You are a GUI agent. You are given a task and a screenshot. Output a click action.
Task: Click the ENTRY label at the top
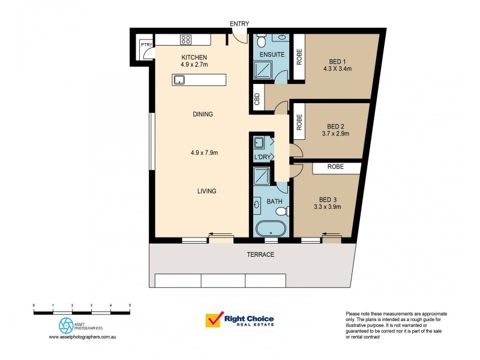tap(239, 23)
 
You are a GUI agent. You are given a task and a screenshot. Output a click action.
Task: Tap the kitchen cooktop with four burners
tap(185, 40)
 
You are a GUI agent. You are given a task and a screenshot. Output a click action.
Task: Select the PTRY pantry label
tap(145, 44)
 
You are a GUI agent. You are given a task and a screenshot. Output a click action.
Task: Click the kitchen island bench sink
tap(178, 79)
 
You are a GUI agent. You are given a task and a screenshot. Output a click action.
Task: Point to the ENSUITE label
tap(268, 55)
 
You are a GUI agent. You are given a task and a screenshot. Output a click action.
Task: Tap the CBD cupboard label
tap(257, 100)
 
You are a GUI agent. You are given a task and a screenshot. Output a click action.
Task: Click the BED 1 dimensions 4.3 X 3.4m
tap(337, 69)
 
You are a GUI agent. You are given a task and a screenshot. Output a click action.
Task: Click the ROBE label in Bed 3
tap(335, 167)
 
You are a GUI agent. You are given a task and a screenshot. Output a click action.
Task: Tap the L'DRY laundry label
tap(262, 157)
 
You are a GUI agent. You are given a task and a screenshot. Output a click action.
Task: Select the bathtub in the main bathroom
tap(270, 229)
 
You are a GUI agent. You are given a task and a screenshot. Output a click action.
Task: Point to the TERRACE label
tap(261, 254)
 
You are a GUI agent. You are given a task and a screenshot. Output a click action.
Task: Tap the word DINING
tap(203, 114)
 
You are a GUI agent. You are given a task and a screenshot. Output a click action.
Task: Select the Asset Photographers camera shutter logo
tap(65, 326)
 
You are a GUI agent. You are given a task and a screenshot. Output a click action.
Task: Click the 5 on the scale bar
tap(130, 306)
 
